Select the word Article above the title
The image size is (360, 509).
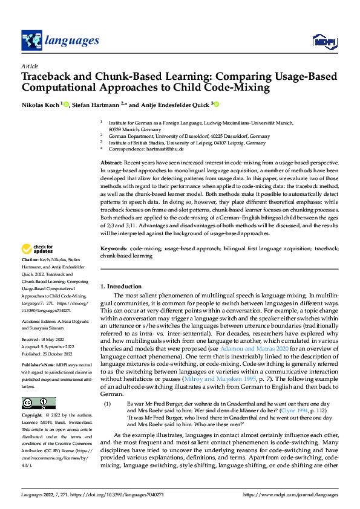click(30, 66)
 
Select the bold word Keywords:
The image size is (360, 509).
click(114, 248)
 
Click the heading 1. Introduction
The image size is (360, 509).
click(120, 286)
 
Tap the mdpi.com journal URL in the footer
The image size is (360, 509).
click(290, 495)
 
